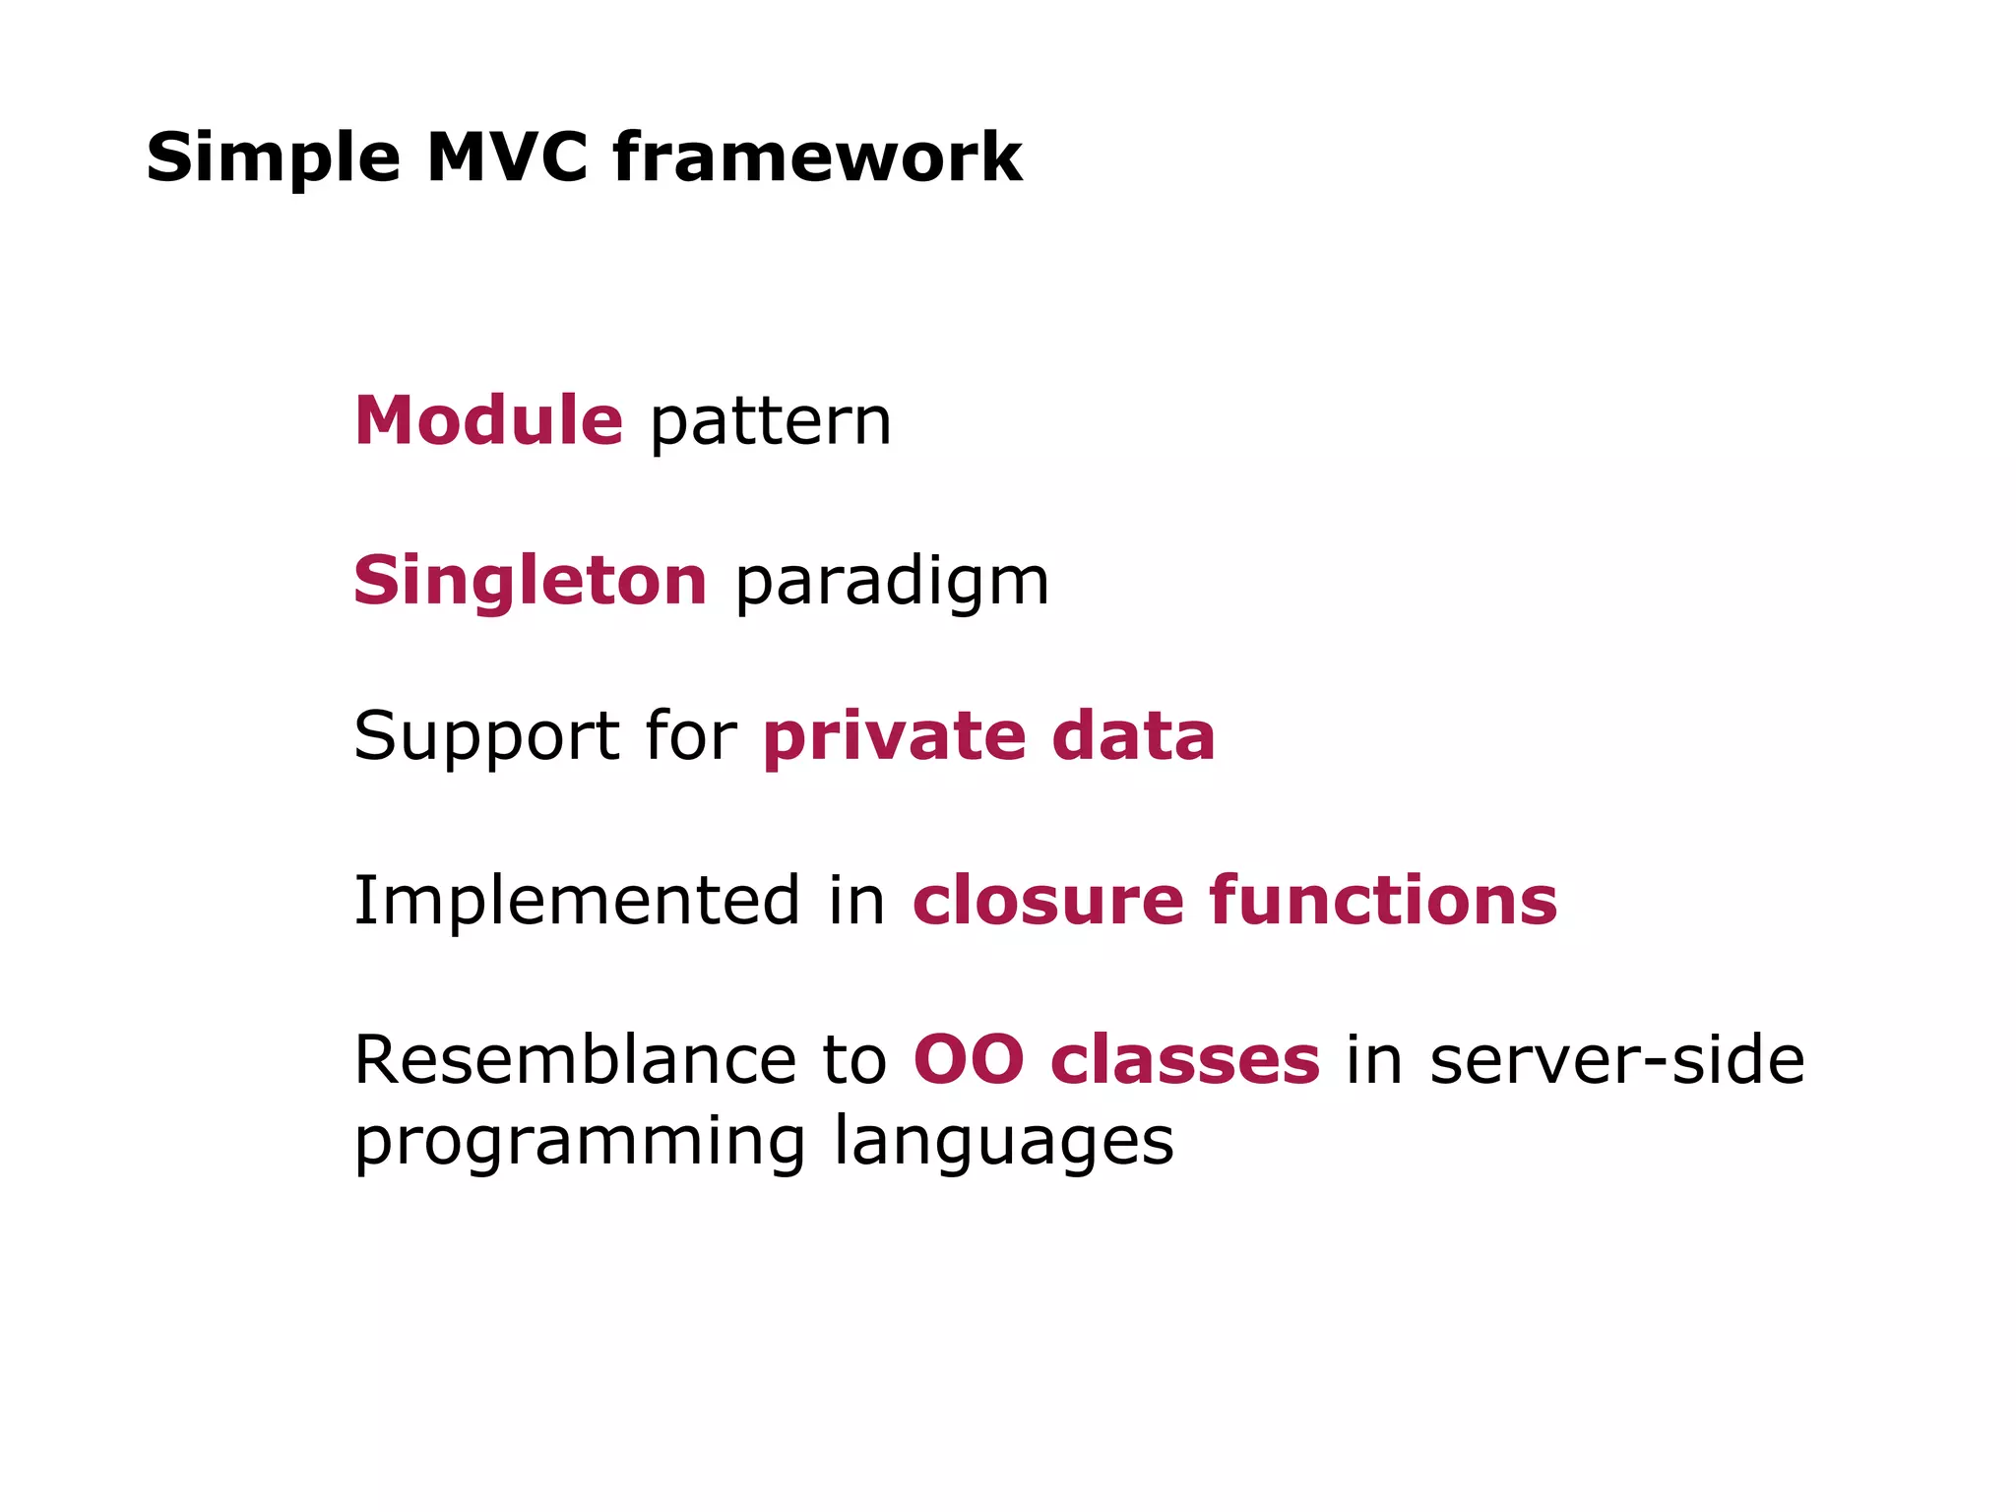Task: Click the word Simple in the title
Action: (273, 159)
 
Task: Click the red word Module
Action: (488, 421)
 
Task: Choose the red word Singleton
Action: (530, 581)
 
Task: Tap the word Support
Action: (485, 738)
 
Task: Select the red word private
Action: (895, 738)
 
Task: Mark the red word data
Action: (1133, 736)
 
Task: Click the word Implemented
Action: (577, 901)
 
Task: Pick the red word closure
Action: (1047, 901)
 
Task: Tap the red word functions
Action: (1383, 901)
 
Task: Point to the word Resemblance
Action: (575, 1060)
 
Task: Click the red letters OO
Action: (969, 1060)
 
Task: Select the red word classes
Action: (1184, 1060)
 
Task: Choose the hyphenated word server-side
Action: (1616, 1060)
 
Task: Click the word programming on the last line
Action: (580, 1142)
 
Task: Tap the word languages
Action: (1004, 1142)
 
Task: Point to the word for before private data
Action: (689, 736)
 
